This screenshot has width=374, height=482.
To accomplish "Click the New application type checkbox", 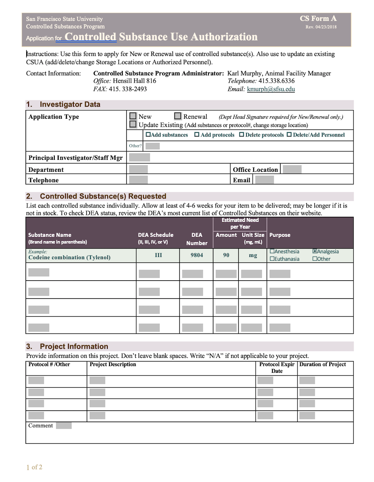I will click(x=133, y=117).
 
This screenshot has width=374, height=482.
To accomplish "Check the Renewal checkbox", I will click(x=178, y=117).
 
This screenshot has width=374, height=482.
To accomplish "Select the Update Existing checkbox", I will click(x=133, y=125).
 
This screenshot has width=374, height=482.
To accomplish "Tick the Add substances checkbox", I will click(x=148, y=135).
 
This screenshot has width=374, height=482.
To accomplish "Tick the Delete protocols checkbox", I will click(x=242, y=135).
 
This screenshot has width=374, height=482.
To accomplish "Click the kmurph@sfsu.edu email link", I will click(x=271, y=89).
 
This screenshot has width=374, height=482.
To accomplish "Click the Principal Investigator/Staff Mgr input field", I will click(x=140, y=157).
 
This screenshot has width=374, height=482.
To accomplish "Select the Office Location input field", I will click(x=292, y=169).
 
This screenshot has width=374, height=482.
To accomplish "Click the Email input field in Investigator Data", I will click(x=264, y=180).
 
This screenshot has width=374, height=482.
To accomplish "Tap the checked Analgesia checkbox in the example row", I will click(x=315, y=252).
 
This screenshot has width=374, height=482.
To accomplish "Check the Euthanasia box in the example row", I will click(x=272, y=259).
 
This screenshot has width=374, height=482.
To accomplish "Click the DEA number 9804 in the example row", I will click(x=197, y=255).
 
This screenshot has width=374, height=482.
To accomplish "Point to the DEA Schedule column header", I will click(x=155, y=238).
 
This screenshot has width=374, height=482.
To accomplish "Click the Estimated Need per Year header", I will click(x=240, y=223).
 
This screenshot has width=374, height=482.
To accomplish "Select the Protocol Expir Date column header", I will click(x=277, y=367).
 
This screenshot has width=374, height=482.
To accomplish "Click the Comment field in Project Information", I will click(x=64, y=426).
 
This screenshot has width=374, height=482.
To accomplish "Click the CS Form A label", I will click(x=318, y=19).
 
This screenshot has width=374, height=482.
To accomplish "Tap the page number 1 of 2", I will click(x=34, y=467).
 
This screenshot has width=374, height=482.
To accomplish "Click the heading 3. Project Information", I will click(x=74, y=346).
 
